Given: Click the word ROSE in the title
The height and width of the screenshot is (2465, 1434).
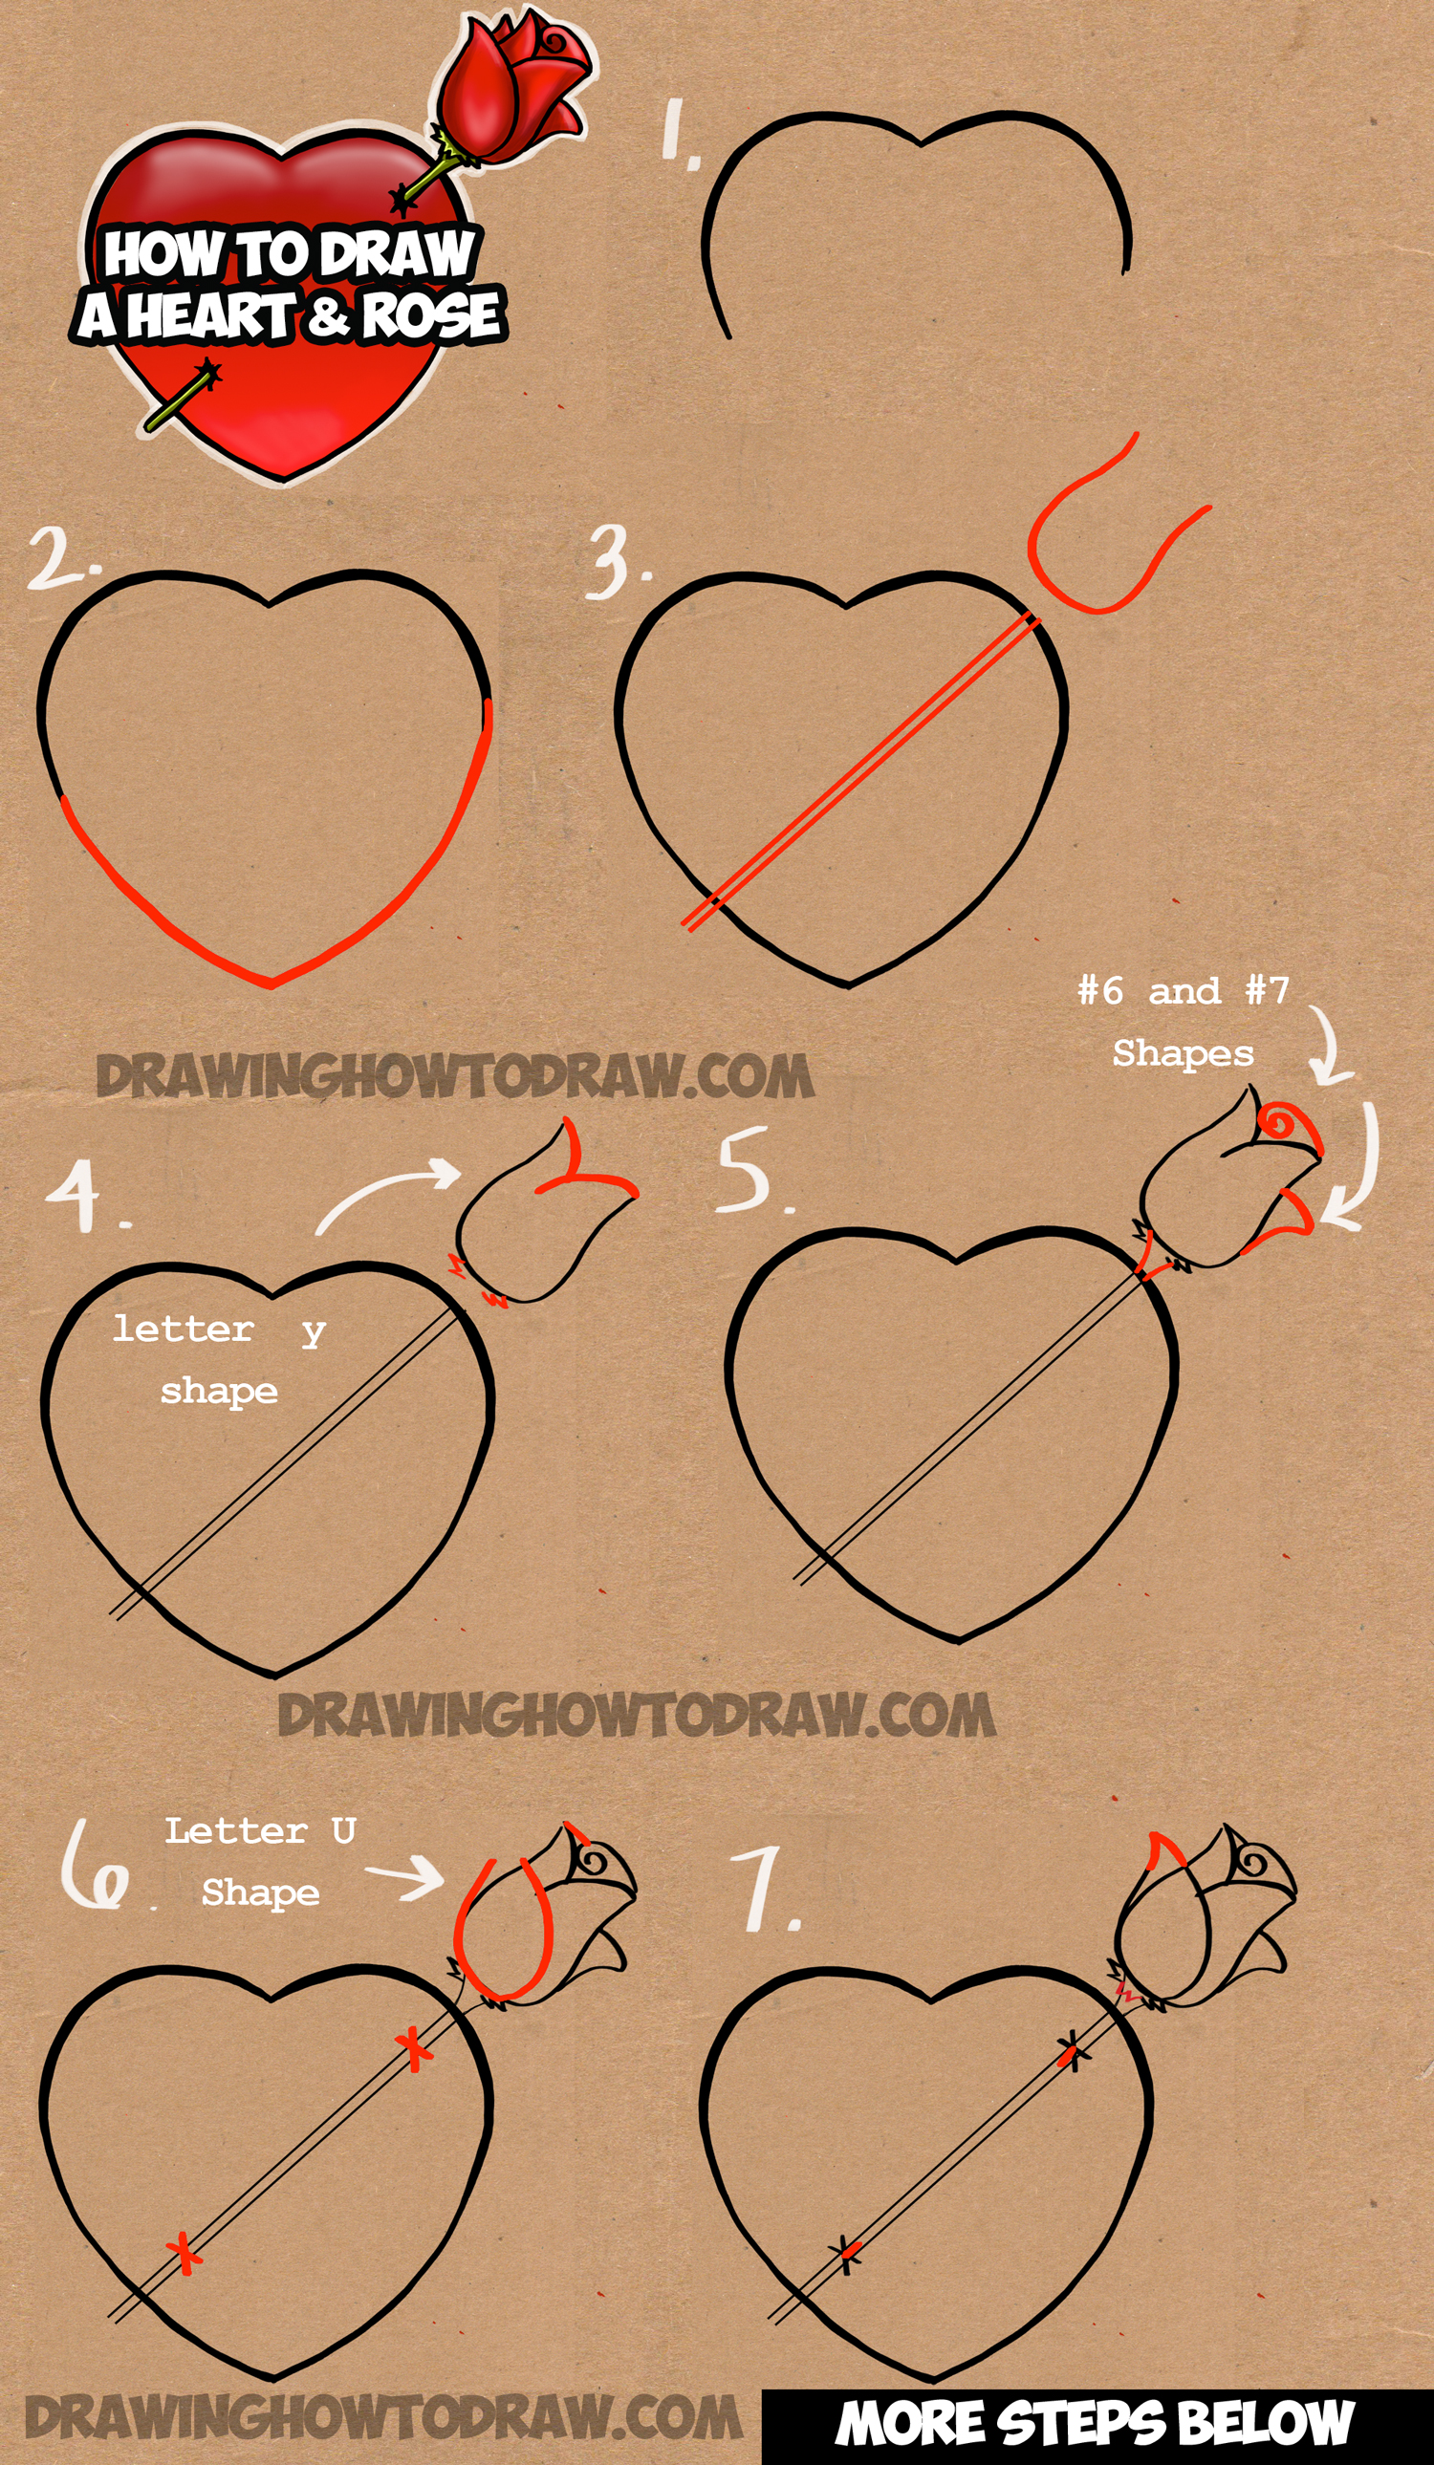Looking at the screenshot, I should pos(430,315).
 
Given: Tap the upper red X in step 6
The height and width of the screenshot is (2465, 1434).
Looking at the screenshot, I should pos(415,2048).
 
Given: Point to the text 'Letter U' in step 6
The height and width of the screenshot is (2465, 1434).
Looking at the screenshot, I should pos(259,1831).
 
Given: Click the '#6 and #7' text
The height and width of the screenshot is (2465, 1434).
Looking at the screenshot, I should pos(1183,991).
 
